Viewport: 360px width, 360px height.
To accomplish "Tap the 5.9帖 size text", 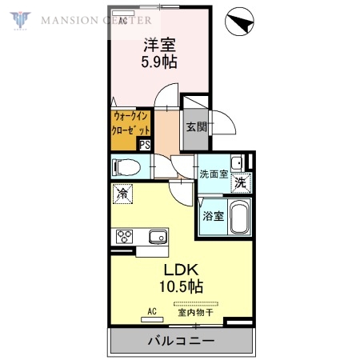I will (160, 62).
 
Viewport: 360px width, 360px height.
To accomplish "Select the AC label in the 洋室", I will (123, 22).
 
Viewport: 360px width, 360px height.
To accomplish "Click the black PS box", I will (145, 145).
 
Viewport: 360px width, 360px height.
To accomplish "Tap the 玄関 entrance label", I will (197, 126).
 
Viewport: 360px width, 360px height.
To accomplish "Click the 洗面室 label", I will (214, 174).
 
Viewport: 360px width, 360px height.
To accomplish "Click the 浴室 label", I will (212, 215).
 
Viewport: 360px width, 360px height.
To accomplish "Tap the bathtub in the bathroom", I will (239, 217).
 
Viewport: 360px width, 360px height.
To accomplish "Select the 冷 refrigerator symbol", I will (122, 193).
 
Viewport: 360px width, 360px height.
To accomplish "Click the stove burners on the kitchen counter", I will (126, 236).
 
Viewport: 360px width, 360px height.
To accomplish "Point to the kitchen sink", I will (157, 236).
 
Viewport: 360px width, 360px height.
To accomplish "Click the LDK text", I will (182, 270).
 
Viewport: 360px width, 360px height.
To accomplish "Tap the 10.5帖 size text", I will (182, 286).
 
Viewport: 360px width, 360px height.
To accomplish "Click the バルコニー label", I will (180, 341).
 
